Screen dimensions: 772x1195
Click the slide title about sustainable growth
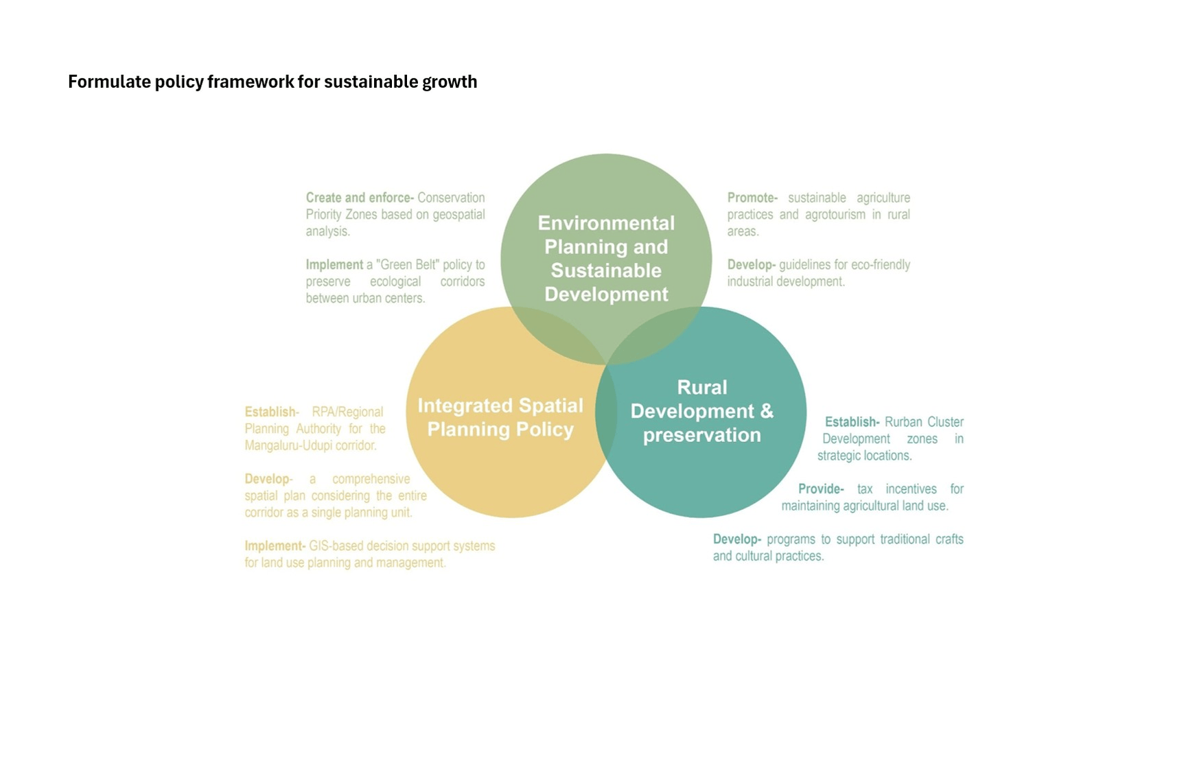(272, 82)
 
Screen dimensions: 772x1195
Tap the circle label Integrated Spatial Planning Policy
(500, 417)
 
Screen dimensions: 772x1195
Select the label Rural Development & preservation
(701, 411)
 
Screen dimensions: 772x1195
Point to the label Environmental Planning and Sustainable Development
(606, 259)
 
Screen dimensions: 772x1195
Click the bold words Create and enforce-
(360, 198)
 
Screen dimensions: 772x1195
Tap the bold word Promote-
(752, 198)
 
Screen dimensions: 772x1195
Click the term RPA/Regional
(347, 412)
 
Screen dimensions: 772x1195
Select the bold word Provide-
(821, 489)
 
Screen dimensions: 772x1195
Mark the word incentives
(911, 489)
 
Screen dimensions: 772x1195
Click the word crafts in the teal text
(949, 539)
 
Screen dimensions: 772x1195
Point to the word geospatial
(459, 215)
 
